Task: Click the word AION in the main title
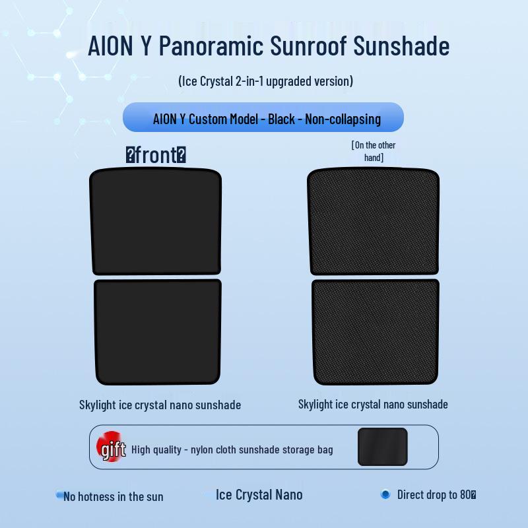(110, 46)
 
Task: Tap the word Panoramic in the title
(211, 46)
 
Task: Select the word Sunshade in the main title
(401, 46)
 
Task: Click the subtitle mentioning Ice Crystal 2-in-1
(266, 81)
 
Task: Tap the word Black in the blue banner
(281, 119)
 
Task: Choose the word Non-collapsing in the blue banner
(343, 119)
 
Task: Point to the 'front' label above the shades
(156, 155)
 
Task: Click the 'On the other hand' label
(374, 151)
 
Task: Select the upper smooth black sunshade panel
(156, 221)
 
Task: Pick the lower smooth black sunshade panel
(158, 332)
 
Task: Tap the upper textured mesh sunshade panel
(374, 221)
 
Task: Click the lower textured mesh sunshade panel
(375, 332)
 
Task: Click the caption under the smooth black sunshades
(160, 405)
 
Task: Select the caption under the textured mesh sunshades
(373, 404)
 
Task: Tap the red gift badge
(110, 447)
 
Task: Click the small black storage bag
(383, 447)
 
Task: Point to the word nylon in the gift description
(202, 450)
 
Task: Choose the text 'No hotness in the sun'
(113, 497)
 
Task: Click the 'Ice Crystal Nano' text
(259, 495)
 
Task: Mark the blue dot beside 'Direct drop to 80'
(385, 494)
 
